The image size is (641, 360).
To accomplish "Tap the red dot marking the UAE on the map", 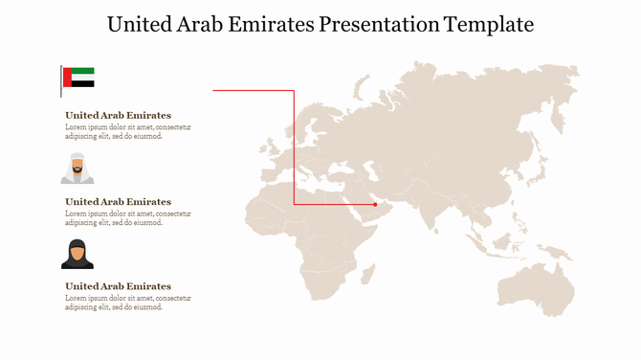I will click(375, 204).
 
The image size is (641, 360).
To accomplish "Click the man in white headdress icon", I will click(77, 168).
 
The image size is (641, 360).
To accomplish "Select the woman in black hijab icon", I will click(77, 255).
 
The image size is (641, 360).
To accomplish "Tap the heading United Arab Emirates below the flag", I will click(118, 116).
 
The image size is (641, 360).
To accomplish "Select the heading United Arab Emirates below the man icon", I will click(118, 202).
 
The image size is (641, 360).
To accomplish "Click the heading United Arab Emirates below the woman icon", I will click(118, 286).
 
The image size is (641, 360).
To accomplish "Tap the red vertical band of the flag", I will click(66, 78).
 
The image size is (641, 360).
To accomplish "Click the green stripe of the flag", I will click(82, 71).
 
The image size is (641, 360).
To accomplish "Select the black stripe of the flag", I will click(82, 84).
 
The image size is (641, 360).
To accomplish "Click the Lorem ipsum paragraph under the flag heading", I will click(127, 131).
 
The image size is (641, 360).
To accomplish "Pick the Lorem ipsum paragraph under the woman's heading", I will click(127, 303).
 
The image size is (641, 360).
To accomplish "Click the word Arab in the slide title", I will click(212, 24).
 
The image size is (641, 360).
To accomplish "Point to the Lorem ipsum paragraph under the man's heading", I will click(127, 217).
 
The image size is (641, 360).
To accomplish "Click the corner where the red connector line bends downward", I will click(294, 91).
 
